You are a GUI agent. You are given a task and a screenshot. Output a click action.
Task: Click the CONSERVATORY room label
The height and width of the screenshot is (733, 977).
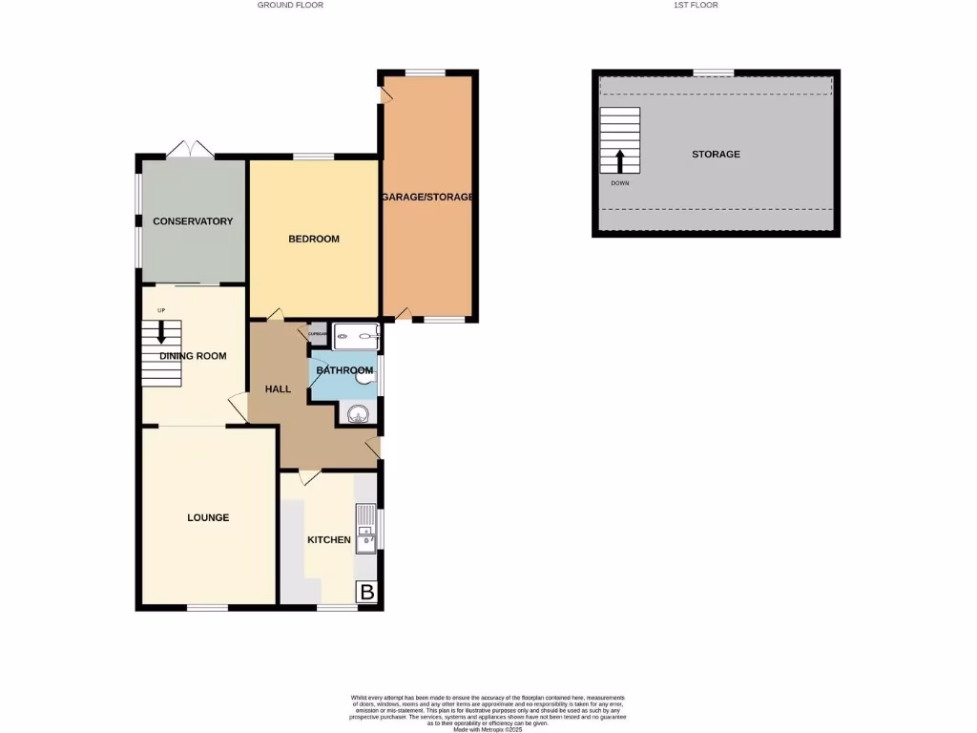193,221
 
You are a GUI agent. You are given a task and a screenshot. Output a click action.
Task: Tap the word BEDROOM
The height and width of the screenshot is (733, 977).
314,239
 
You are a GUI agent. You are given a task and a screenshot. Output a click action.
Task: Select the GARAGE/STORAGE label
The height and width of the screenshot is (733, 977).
427,197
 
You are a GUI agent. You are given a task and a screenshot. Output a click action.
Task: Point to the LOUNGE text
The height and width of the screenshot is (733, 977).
208,517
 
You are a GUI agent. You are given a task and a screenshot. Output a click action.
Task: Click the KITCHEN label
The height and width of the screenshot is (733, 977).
328,540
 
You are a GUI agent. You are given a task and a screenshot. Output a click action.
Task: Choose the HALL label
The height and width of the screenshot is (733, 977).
278,388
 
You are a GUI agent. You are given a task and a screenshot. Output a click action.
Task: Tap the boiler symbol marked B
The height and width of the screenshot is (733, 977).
366,593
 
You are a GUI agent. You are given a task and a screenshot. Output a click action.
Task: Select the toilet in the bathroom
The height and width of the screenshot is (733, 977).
365,378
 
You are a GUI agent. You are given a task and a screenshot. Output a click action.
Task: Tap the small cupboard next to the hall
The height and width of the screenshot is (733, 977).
317,334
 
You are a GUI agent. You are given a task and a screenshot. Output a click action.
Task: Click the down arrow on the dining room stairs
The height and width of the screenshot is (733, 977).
161,331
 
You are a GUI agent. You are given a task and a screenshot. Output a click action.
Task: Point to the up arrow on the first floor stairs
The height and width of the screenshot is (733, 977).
620,159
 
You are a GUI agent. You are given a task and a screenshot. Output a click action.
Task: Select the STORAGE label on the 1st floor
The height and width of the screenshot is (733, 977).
716,155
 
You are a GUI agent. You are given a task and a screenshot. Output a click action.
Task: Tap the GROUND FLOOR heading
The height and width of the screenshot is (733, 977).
290,6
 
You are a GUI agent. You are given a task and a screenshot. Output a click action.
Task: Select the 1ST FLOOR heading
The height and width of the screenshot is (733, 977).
696,6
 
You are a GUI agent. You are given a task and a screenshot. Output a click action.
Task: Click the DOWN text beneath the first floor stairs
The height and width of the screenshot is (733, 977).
620,183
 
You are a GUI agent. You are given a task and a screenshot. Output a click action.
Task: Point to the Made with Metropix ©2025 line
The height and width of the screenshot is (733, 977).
488,729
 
